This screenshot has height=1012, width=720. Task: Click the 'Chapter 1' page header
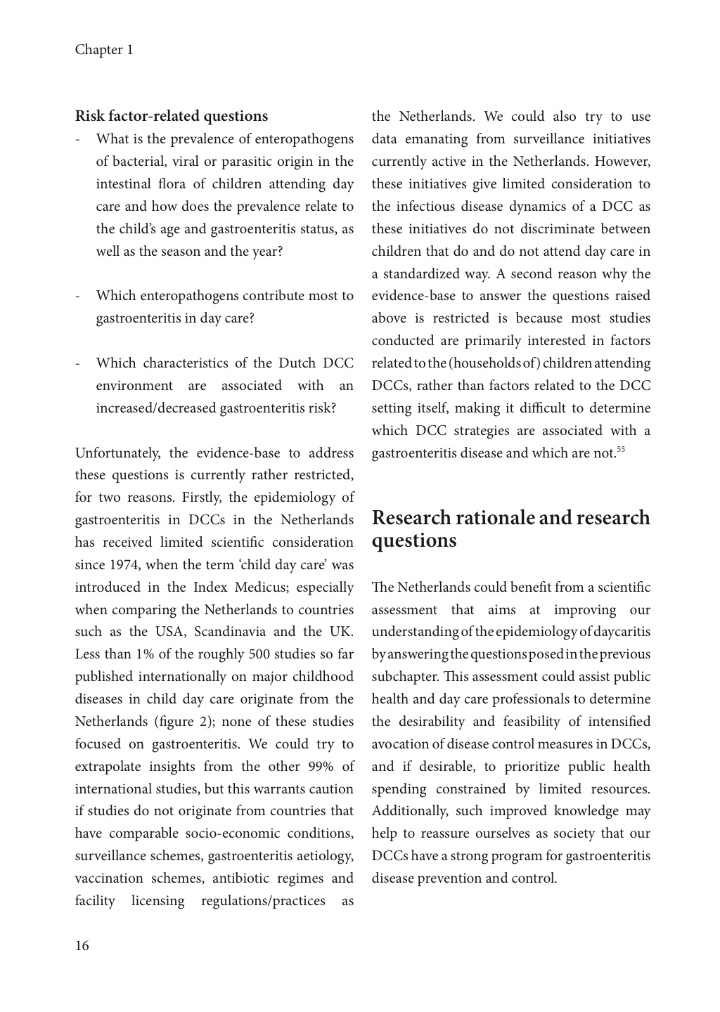pyautogui.click(x=104, y=50)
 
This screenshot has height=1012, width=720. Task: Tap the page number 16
pyautogui.click(x=82, y=946)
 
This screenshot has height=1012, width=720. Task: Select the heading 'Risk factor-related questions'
pyautogui.click(x=172, y=116)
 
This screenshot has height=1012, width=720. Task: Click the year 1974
pyautogui.click(x=126, y=565)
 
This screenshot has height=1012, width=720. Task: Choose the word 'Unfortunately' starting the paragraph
pyautogui.click(x=118, y=453)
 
